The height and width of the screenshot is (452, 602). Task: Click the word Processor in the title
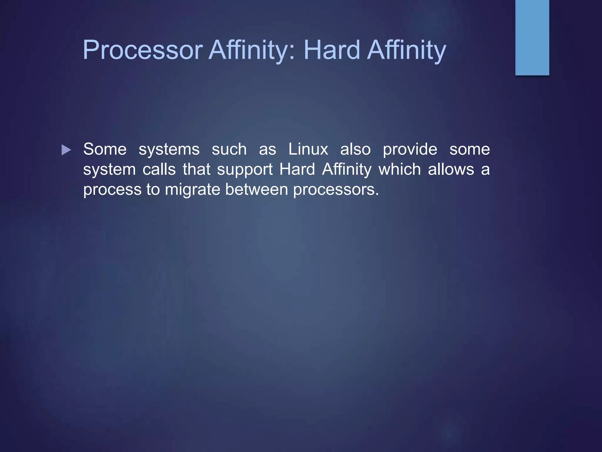(143, 50)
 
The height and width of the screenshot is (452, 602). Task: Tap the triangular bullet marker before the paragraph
(66, 150)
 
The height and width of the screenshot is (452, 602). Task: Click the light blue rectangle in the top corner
(532, 37)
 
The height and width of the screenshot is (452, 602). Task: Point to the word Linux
(308, 149)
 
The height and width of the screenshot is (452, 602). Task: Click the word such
(229, 149)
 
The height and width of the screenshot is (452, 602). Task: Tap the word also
(355, 149)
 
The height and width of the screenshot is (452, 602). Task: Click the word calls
(159, 169)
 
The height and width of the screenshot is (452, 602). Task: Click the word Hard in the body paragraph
(297, 169)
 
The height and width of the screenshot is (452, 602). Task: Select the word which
(400, 169)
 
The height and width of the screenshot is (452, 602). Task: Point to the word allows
(451, 169)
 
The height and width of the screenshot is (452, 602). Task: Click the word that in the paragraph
(197, 169)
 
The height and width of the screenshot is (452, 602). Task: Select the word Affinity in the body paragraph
(347, 169)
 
